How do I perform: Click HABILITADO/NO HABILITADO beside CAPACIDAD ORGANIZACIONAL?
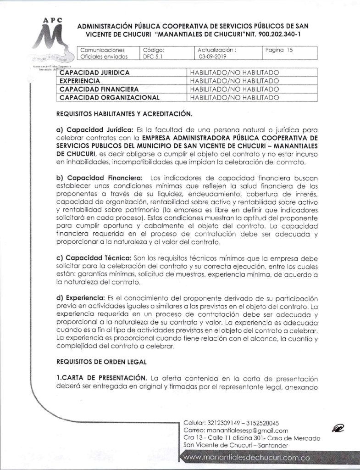point(234,97)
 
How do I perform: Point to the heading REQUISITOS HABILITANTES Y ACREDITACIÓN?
point(124,113)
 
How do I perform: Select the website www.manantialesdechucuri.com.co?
point(247,458)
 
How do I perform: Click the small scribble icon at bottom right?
point(338,429)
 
